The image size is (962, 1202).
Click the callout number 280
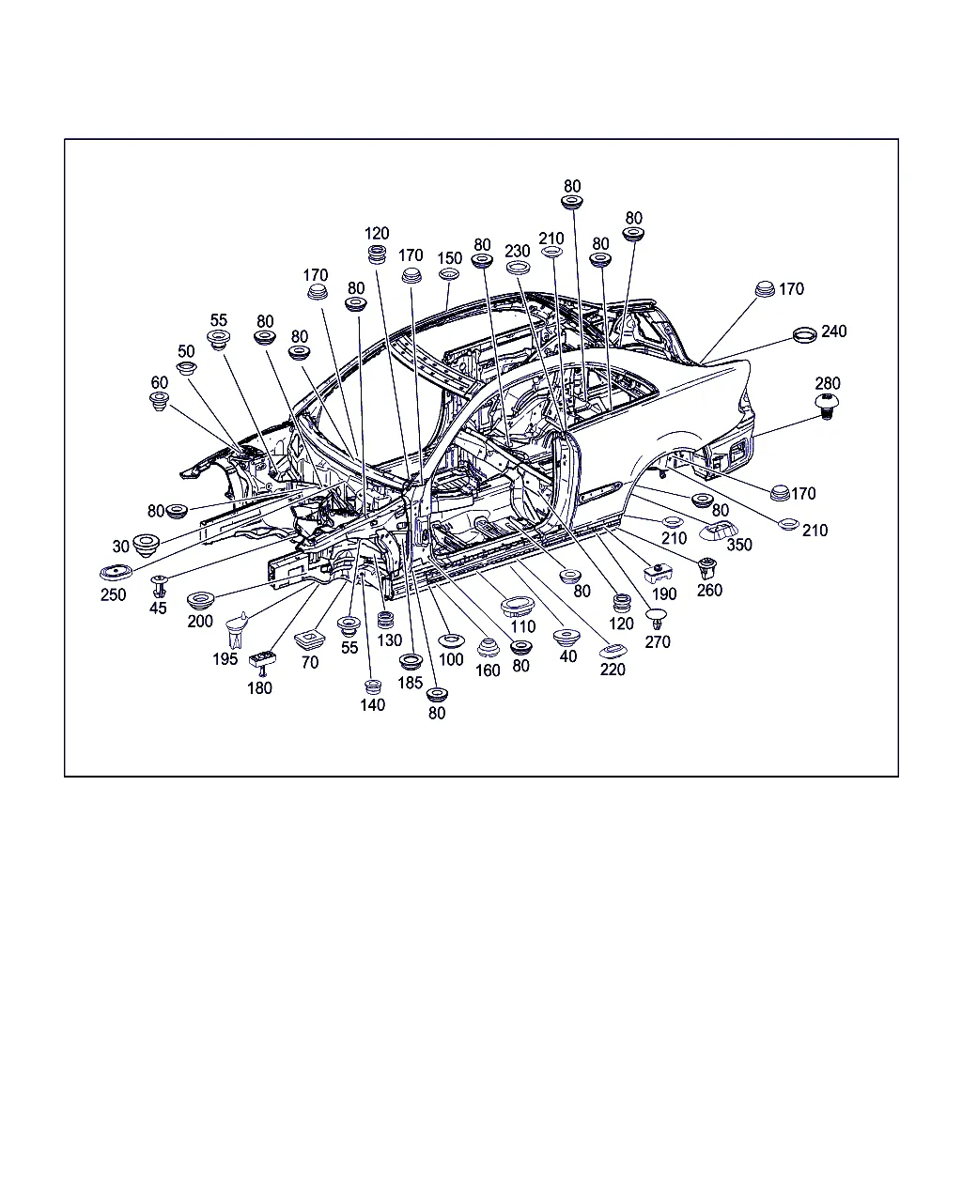[x=828, y=383]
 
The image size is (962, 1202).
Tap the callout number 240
[x=833, y=331]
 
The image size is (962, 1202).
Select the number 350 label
[x=739, y=545]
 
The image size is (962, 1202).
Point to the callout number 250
[x=113, y=594]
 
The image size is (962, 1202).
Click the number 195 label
[x=225, y=659]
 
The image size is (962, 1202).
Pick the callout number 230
[x=517, y=252]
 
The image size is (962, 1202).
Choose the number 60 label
[x=160, y=382]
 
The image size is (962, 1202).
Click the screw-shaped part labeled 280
[x=828, y=406]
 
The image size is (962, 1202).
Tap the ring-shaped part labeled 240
[x=805, y=335]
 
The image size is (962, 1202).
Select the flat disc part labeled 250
[x=116, y=573]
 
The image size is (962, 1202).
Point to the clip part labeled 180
[x=261, y=661]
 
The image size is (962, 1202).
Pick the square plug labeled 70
[x=310, y=639]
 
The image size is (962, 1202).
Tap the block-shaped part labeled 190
[x=658, y=574]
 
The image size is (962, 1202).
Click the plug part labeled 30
[x=147, y=544]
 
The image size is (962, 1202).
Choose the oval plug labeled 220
[x=613, y=652]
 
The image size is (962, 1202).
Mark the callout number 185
[x=410, y=683]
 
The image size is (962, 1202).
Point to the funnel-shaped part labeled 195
[x=238, y=629]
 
